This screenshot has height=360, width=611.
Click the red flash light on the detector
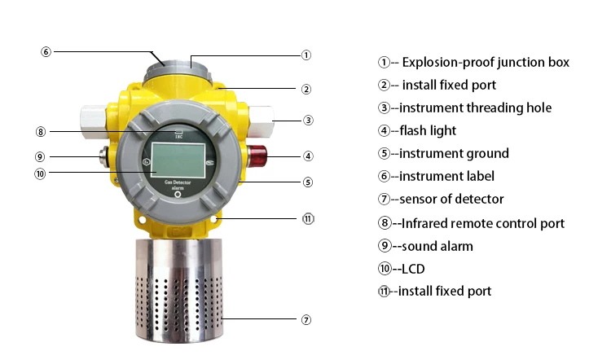point(258,156)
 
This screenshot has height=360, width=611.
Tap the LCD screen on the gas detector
point(178,160)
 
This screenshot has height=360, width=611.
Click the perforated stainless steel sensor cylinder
point(180,291)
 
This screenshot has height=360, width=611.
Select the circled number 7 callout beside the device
point(306,320)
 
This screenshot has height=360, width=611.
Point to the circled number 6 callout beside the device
point(46,51)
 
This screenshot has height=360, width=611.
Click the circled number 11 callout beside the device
point(308,218)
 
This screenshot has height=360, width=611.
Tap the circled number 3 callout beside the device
point(308,120)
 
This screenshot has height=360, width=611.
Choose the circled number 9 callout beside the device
point(40,156)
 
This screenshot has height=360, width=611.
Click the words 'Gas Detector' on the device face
point(178,182)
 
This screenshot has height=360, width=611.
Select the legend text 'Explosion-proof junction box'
point(486,63)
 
